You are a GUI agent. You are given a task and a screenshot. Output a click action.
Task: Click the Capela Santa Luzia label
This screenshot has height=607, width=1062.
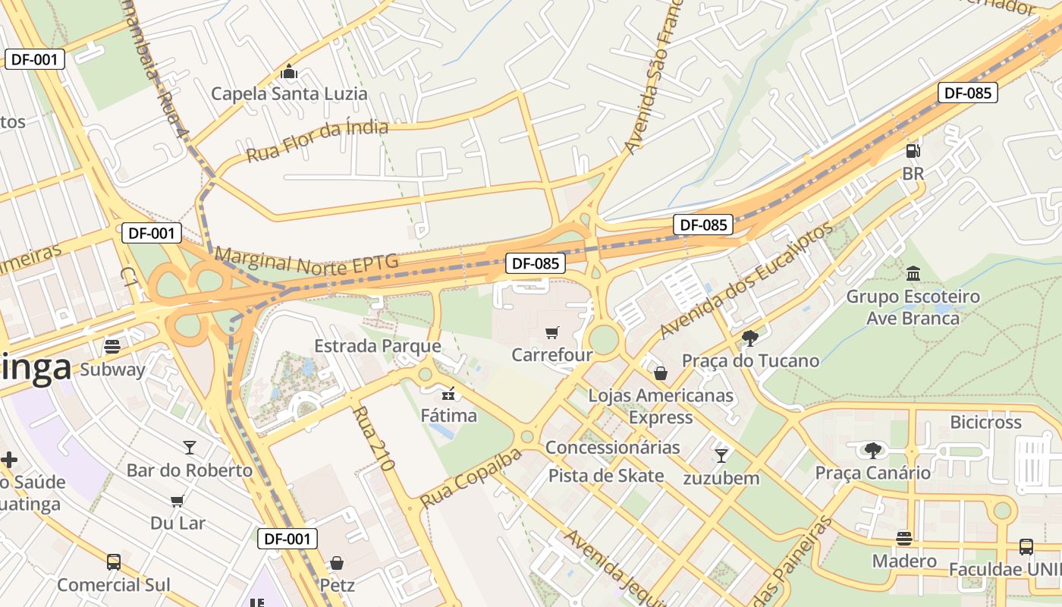pyautogui.click(x=289, y=94)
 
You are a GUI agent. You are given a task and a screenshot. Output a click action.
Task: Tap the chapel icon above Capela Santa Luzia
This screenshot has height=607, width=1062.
pyautogui.click(x=288, y=73)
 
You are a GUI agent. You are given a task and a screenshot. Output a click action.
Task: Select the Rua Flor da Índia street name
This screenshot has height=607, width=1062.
pyautogui.click(x=317, y=141)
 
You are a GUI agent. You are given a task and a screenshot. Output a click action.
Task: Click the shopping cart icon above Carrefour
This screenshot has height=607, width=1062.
pyautogui.click(x=551, y=332)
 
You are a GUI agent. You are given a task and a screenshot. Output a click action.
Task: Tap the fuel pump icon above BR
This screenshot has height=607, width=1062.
pyautogui.click(x=913, y=151)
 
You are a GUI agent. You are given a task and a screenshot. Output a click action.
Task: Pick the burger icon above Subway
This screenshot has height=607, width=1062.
pyautogui.click(x=112, y=348)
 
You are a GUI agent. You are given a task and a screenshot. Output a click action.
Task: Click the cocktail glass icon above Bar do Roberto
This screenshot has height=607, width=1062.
pyautogui.click(x=190, y=448)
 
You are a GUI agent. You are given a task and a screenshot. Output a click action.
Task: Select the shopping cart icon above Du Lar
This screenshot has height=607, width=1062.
pyautogui.click(x=178, y=501)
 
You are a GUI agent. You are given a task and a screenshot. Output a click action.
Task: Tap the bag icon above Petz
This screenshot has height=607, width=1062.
pyautogui.click(x=337, y=563)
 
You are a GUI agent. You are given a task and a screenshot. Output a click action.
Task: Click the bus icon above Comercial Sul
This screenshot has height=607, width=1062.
pyautogui.click(x=114, y=562)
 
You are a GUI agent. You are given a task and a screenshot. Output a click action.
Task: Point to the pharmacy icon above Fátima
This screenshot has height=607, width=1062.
pyautogui.click(x=448, y=393)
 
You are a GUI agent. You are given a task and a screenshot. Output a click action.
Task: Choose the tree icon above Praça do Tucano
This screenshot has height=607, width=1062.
pyautogui.click(x=750, y=338)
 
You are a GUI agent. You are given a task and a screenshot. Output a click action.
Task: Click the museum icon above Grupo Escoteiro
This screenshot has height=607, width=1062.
pyautogui.click(x=913, y=273)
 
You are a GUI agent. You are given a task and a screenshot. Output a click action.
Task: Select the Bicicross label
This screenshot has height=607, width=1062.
pyautogui.click(x=985, y=422)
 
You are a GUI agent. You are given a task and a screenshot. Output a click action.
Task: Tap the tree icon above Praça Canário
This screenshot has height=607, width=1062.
pyautogui.click(x=872, y=451)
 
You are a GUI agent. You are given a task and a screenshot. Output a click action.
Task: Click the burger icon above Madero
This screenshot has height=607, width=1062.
pyautogui.click(x=903, y=539)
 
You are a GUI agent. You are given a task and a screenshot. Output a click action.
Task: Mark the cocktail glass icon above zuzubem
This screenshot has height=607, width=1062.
pyautogui.click(x=721, y=455)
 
